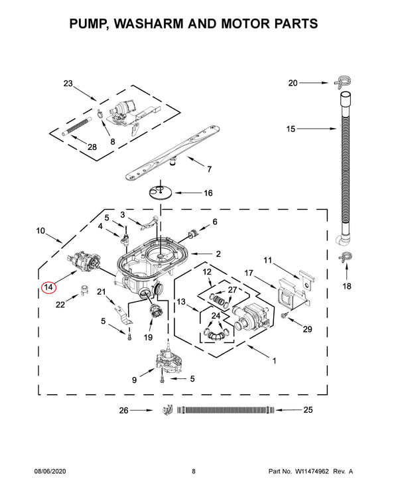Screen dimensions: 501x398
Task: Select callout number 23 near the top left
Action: point(68,84)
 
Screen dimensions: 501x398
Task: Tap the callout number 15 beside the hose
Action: point(291,129)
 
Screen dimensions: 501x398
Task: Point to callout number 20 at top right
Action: point(293,83)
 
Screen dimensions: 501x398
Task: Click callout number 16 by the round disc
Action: point(208,193)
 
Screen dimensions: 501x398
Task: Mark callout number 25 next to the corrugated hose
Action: point(307,411)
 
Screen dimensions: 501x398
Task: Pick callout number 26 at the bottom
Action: point(123,411)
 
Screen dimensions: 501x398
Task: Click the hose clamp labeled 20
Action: point(342,83)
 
